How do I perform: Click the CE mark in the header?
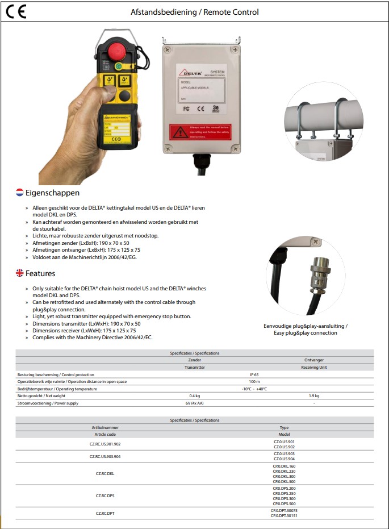[x=16, y=12]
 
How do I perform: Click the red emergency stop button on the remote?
[x=117, y=48]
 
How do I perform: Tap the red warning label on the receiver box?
[x=200, y=132]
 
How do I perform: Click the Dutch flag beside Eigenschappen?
[x=19, y=193]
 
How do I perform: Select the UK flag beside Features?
[x=19, y=273]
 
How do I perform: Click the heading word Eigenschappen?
[x=52, y=193]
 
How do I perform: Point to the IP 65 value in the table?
[x=254, y=374]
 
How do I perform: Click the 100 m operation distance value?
[x=254, y=382]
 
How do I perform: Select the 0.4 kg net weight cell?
[x=195, y=395]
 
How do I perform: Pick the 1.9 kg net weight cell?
[x=314, y=395]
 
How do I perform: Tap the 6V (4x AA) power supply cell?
[x=195, y=403]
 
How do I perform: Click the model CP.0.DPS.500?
[x=284, y=503]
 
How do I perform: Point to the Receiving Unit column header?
[x=314, y=367]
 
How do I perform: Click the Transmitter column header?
[x=195, y=367]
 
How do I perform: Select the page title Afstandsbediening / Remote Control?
[x=195, y=12]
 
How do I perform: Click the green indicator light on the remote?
[x=119, y=66]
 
